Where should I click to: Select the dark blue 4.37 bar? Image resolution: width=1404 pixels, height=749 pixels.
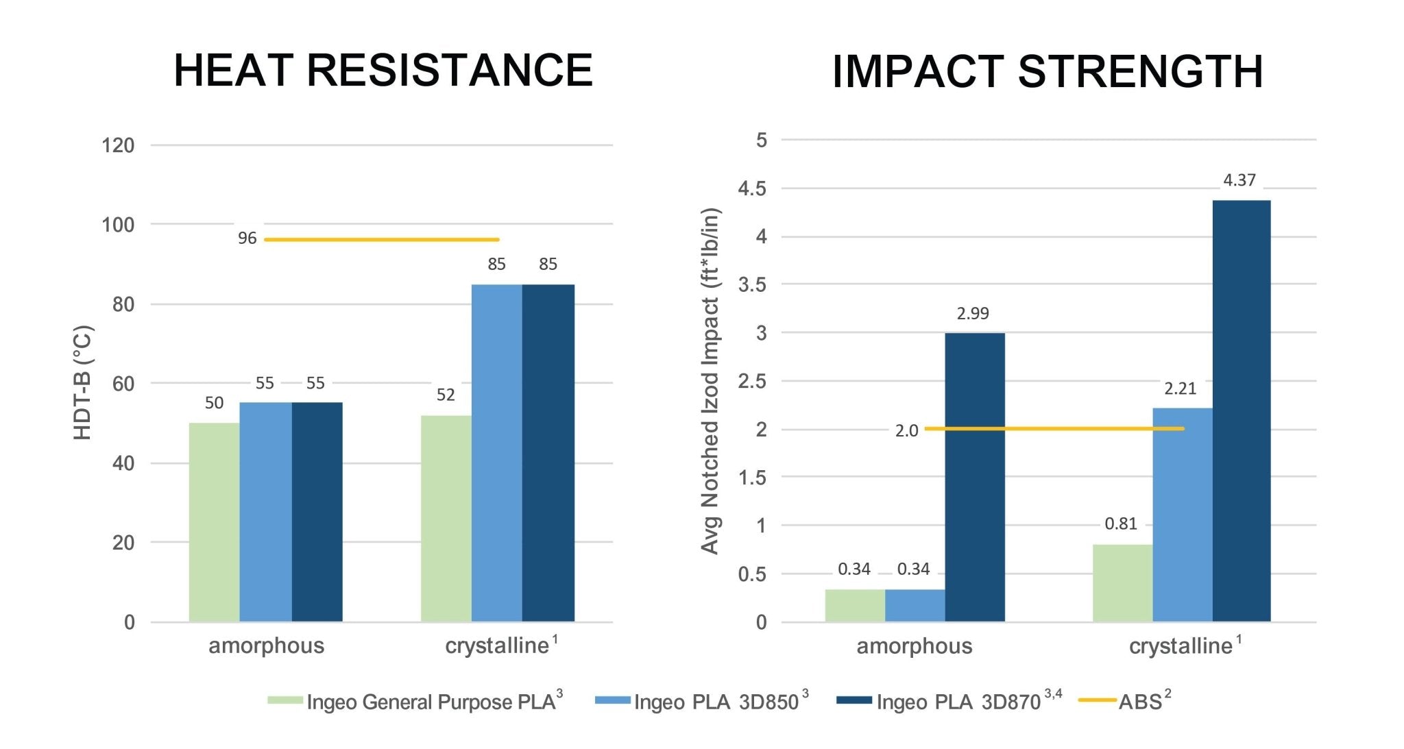(1241, 411)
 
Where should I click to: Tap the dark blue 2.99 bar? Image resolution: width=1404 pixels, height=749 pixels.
(974, 477)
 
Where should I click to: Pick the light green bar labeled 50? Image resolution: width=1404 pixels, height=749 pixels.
(214, 522)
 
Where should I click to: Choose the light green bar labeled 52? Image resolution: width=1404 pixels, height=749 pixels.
(446, 519)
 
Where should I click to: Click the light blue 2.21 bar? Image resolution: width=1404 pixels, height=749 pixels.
(1182, 515)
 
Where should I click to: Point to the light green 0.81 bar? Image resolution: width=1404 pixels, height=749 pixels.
(1122, 583)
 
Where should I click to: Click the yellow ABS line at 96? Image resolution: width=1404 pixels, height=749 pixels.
(381, 239)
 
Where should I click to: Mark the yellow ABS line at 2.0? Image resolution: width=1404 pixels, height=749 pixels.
(1054, 429)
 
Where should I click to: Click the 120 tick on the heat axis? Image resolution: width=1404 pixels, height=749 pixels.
(118, 145)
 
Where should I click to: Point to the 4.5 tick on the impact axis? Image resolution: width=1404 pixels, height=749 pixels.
(752, 188)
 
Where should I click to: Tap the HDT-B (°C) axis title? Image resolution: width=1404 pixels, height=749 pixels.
(82, 382)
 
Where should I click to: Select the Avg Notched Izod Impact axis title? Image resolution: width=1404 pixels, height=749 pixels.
(710, 381)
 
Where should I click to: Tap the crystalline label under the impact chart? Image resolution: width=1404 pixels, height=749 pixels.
(1180, 646)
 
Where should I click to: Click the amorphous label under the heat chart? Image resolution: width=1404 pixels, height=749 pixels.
(266, 646)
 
